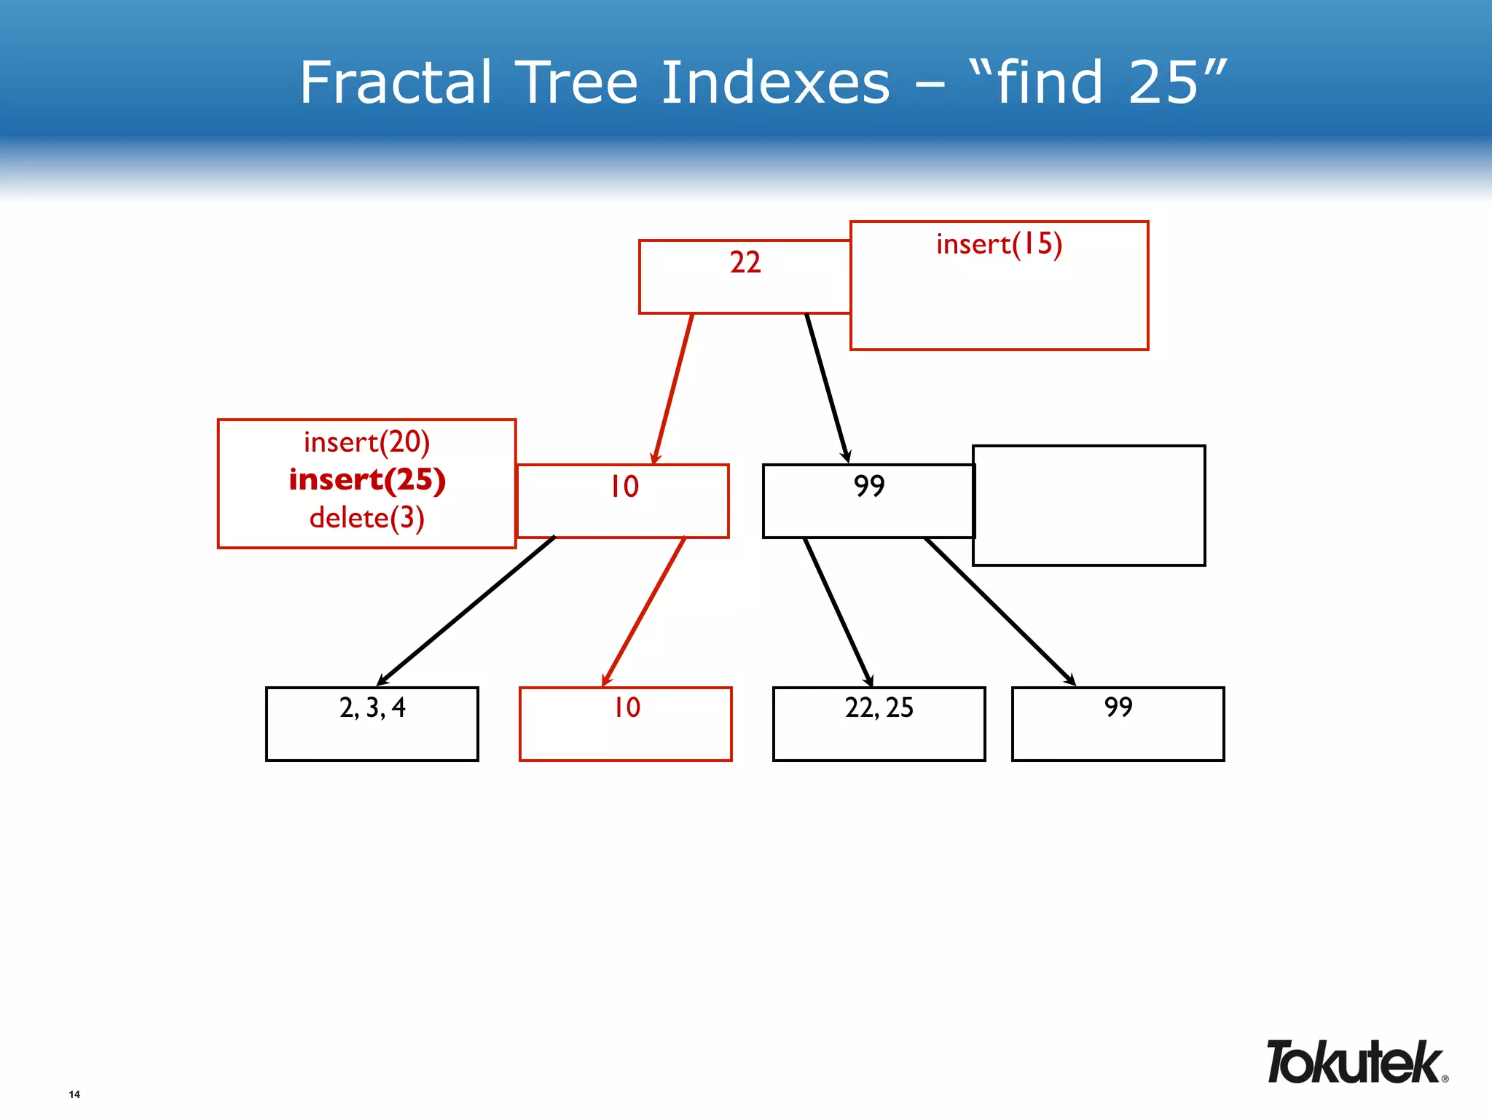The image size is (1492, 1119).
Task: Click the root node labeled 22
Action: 745,276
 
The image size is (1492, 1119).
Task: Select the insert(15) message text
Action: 999,245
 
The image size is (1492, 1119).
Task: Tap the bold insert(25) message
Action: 367,480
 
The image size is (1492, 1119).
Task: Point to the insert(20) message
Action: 366,442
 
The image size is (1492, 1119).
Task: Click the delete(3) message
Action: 366,518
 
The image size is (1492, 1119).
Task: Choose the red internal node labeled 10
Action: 624,500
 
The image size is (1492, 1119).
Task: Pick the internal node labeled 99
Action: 868,500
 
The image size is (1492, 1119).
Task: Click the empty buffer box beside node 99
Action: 1089,506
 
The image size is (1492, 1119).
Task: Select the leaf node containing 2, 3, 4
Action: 372,723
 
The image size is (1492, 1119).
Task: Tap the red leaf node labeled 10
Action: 626,723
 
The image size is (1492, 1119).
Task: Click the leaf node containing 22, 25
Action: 879,723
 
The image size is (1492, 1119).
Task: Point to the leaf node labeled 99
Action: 1118,723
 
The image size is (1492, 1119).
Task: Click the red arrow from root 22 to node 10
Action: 673,388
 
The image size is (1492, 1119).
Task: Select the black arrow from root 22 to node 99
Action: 827,388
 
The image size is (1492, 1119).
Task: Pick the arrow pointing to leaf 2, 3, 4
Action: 466,610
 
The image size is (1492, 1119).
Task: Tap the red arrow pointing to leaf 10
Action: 644,610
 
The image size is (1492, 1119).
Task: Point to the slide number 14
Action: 74,1094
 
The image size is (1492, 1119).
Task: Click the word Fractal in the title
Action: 396,82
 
